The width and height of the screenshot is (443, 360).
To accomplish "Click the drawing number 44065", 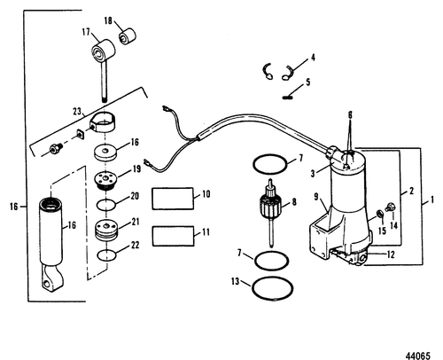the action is coord(417,356).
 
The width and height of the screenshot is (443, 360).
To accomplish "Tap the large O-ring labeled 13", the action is coord(272,287).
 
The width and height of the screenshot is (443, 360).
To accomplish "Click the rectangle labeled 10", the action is coord(173,199).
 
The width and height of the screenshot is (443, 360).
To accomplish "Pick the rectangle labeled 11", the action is coord(174,236).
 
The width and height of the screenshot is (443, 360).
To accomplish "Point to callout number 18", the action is coord(108,20).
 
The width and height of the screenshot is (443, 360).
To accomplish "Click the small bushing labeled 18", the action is coord(128,35).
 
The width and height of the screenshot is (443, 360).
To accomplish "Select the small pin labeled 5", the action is coord(287,97).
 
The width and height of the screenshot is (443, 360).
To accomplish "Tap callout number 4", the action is coord(313,57).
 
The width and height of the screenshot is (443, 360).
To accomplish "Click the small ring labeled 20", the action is coord(106,205).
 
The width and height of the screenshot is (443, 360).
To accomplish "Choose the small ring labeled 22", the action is coord(106,255).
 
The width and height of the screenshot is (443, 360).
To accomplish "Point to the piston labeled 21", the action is coord(106,230).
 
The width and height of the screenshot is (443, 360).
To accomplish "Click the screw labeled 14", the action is coord(389,207).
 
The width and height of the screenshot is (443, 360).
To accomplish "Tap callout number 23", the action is coord(77,112).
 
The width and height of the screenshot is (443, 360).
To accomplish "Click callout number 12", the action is coord(391,254).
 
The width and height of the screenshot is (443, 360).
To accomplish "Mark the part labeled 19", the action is coord(105,180).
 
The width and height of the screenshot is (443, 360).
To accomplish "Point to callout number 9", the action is coord(316,196).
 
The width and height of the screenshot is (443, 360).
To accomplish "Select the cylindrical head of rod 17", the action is coord(103,51).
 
